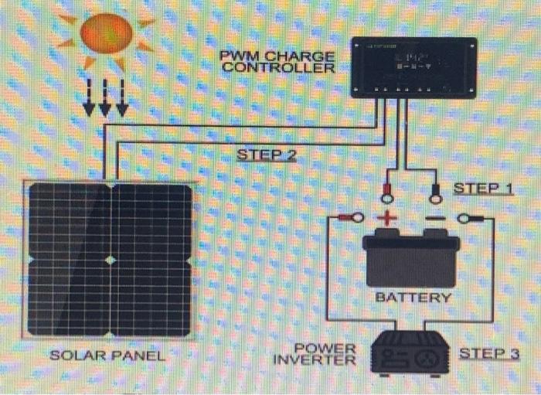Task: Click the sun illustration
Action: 107,34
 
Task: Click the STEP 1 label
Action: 483,188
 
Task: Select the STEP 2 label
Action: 266,155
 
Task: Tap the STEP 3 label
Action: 489,353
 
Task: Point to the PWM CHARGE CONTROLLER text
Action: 277,61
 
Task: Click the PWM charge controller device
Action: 414,68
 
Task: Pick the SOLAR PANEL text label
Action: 107,356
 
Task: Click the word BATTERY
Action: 413,297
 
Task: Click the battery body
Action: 411,259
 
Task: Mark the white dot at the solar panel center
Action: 111,260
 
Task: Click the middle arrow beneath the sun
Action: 105,97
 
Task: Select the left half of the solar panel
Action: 70,260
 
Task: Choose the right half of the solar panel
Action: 152,260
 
